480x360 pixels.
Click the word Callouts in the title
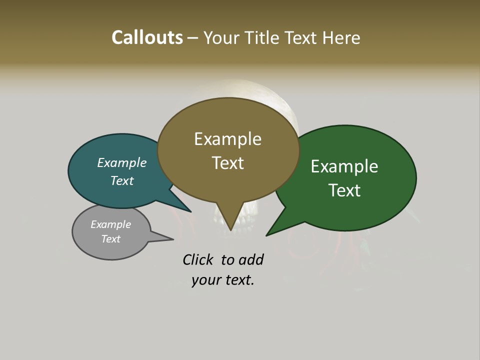[147, 37]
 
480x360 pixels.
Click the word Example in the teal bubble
[122, 162]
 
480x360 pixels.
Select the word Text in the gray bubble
[111, 239]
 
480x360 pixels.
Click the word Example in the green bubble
[344, 166]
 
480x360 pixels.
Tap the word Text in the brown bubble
[228, 163]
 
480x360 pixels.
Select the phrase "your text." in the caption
[223, 280]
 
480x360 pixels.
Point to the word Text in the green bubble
[345, 190]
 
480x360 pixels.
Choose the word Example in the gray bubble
[111, 224]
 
